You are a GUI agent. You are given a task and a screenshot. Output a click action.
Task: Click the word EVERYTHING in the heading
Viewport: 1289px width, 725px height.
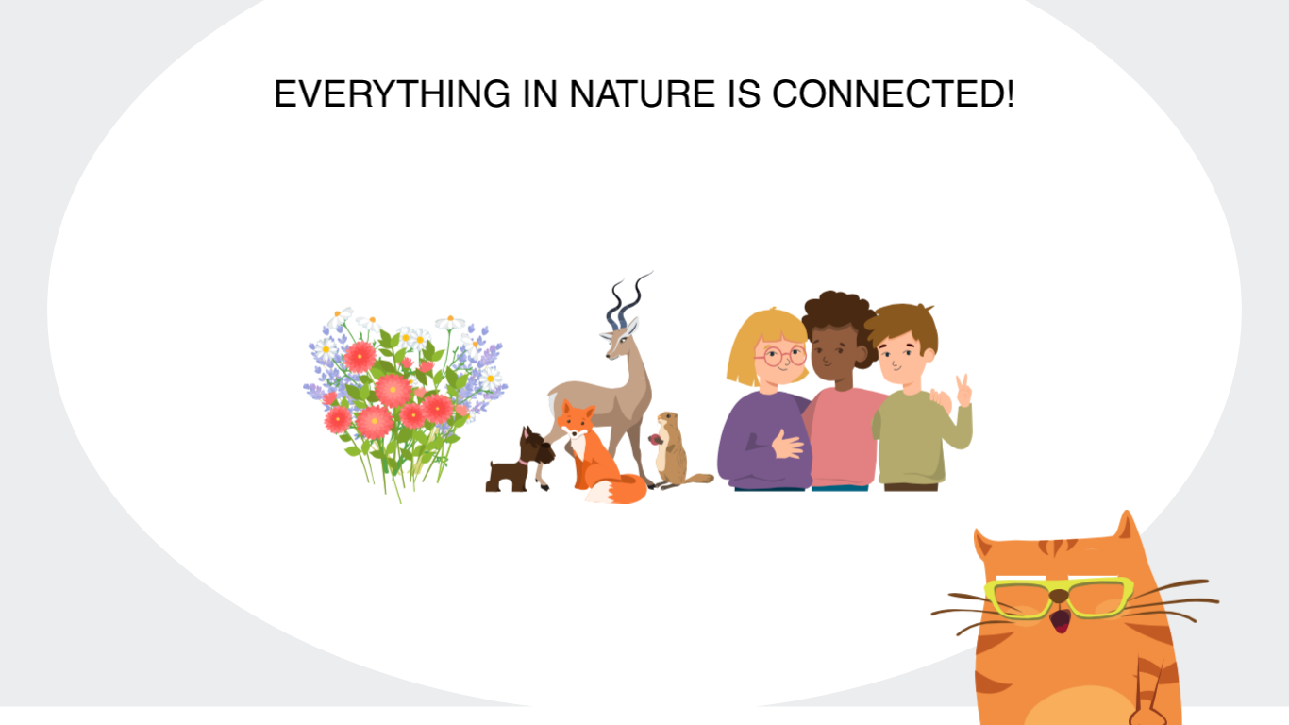coord(392,93)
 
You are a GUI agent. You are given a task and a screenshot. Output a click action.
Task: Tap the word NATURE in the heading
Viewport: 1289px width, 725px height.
coord(642,93)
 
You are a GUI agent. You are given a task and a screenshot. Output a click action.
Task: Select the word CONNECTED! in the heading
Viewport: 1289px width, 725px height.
coord(893,93)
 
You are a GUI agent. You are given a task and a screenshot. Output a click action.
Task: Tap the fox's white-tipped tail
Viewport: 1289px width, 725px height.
coord(616,490)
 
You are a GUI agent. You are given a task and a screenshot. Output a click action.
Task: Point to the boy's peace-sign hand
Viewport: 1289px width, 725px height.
coord(963,391)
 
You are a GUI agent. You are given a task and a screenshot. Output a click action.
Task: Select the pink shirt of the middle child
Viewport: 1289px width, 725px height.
coord(843,436)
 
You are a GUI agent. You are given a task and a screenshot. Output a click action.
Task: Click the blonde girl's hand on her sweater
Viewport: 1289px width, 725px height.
coord(787,444)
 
